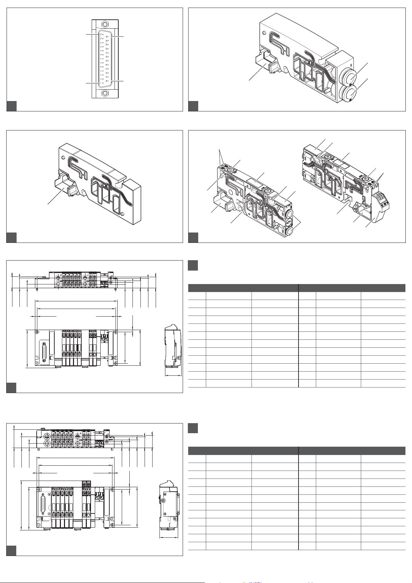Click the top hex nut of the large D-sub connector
pyautogui.click(x=105, y=25)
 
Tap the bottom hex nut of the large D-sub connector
pyautogui.click(x=105, y=93)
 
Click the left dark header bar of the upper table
pyautogui.click(x=243, y=288)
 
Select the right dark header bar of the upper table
pyautogui.click(x=352, y=288)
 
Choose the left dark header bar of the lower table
pyautogui.click(x=243, y=450)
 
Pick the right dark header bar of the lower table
pyautogui.click(x=352, y=450)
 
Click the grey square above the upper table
pyautogui.click(x=193, y=265)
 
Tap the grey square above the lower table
pyautogui.click(x=193, y=428)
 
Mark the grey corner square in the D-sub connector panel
pyautogui.click(x=11, y=106)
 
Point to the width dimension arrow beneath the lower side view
pyautogui.click(x=169, y=538)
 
